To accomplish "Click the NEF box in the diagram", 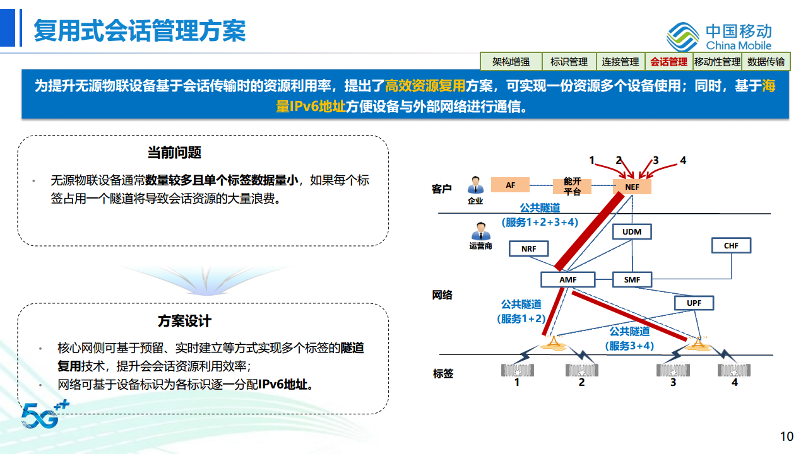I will click(632, 187).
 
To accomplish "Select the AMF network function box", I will click(567, 279).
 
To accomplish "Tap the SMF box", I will click(632, 279).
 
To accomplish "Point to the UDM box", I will click(632, 232).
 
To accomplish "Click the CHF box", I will click(731, 245).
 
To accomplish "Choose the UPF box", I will click(694, 303).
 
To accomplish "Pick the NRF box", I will click(529, 248).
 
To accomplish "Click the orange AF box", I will click(510, 185).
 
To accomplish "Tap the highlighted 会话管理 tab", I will click(668, 62).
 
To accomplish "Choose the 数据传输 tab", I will click(766, 62).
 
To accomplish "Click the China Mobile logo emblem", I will click(683, 37).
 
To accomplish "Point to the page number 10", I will click(787, 436).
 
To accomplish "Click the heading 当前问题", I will click(174, 153).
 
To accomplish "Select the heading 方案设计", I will click(184, 321).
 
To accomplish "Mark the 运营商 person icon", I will click(480, 231).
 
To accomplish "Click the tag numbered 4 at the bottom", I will click(734, 370).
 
